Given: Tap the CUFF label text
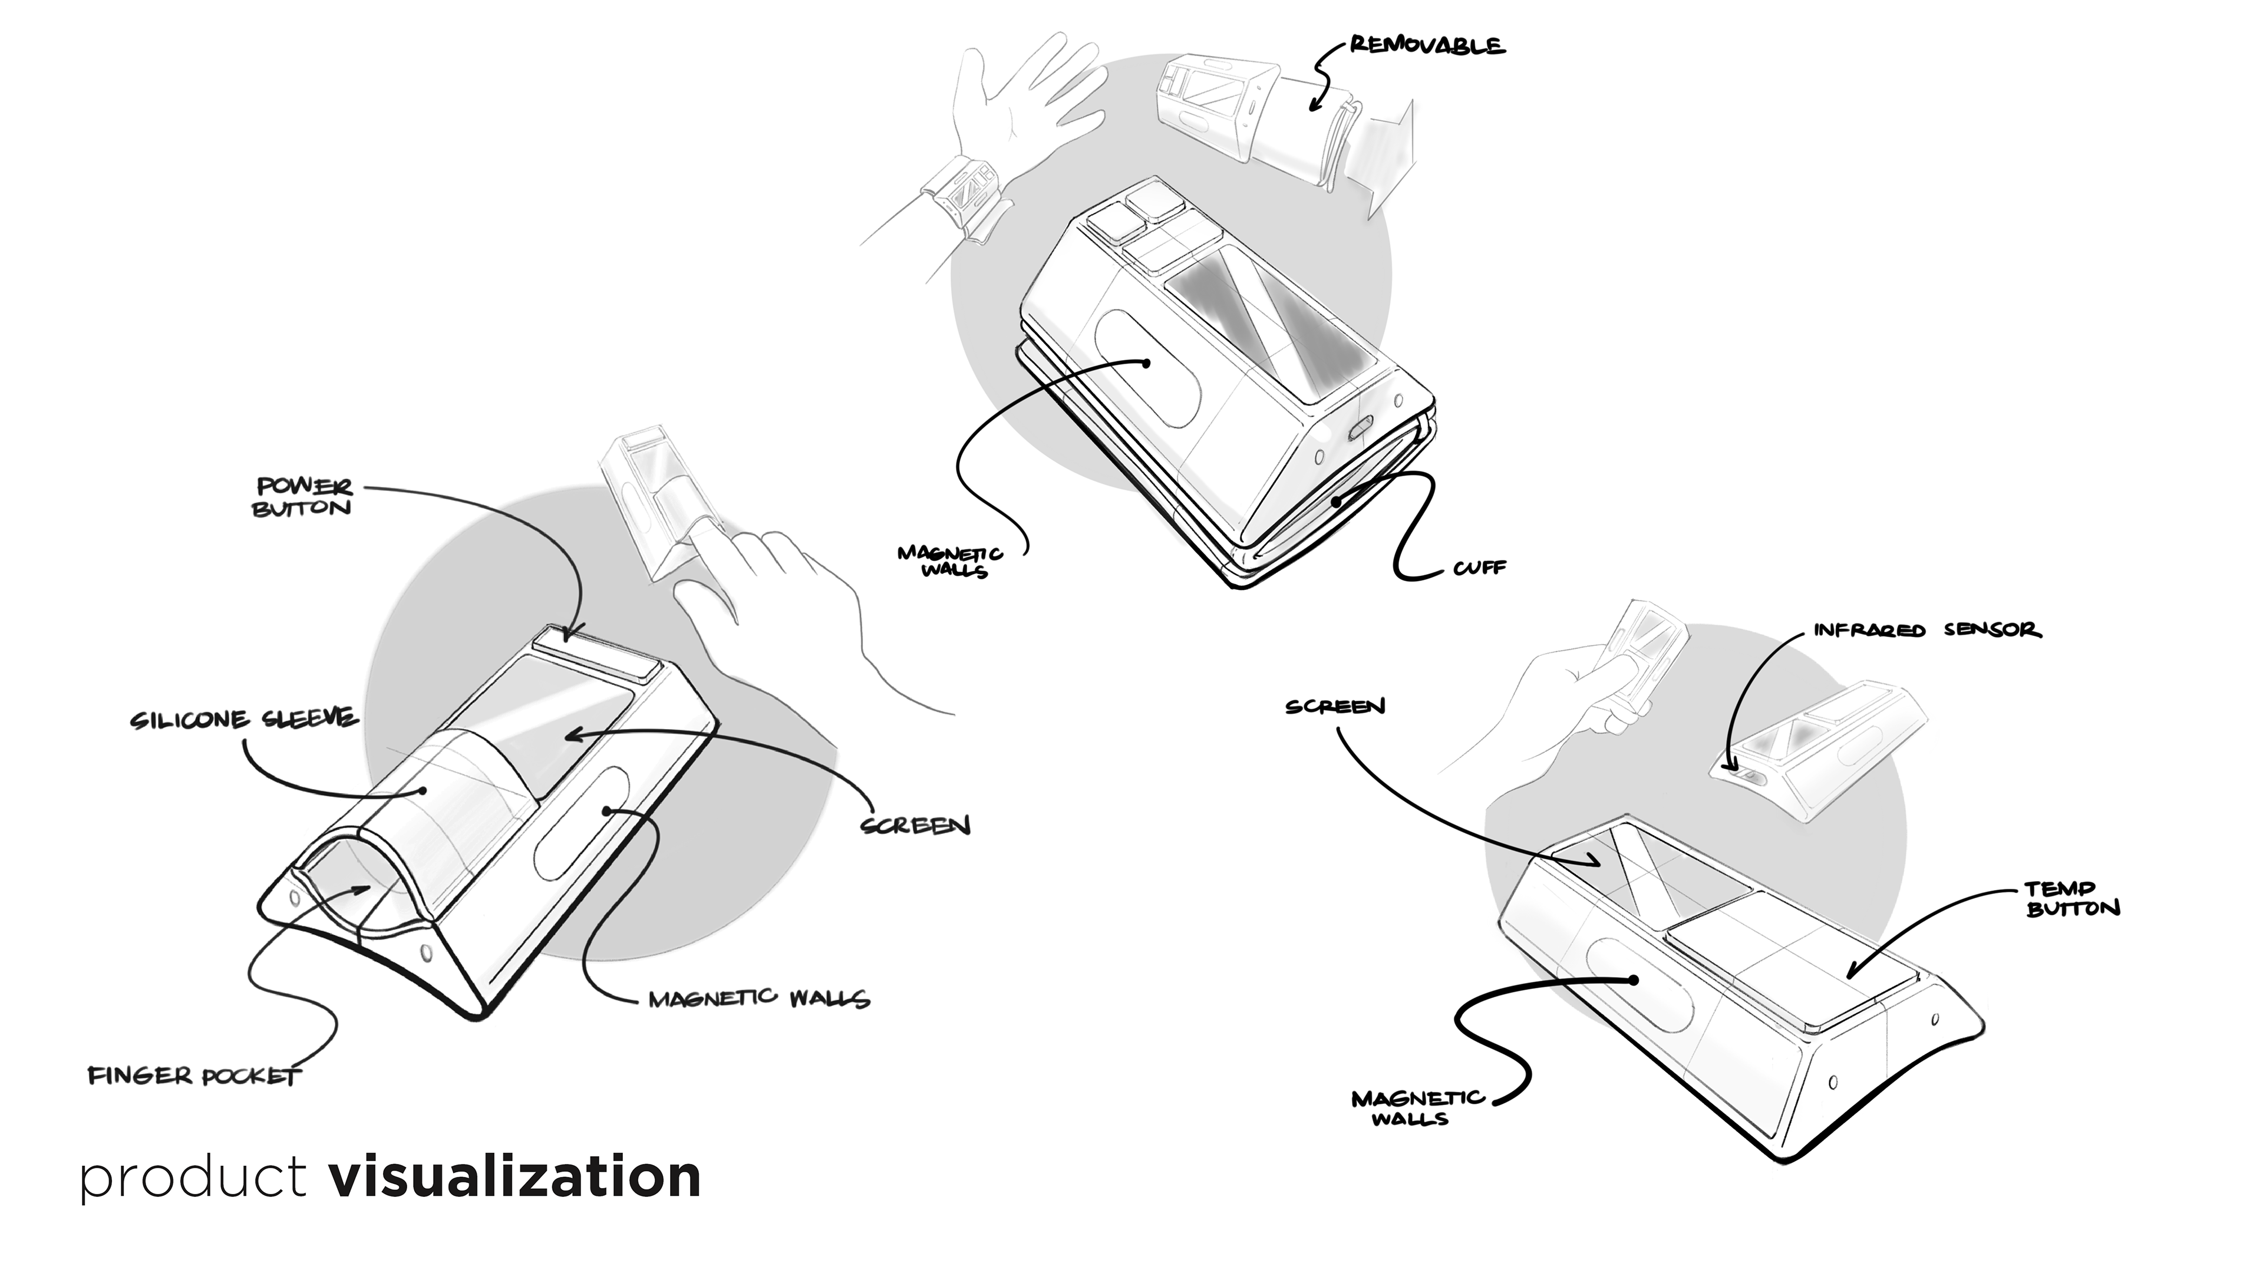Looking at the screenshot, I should [1479, 568].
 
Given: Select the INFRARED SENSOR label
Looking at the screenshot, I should [1926, 630].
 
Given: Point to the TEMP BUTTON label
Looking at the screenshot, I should [2073, 899].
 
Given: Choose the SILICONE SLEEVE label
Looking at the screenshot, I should [244, 720].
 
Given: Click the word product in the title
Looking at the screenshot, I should [193, 1178].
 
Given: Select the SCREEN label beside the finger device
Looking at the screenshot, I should [915, 826].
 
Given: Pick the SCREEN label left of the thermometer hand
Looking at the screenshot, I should [1334, 707].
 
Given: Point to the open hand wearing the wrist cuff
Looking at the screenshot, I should [1019, 105].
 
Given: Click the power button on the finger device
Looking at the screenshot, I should [598, 655].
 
